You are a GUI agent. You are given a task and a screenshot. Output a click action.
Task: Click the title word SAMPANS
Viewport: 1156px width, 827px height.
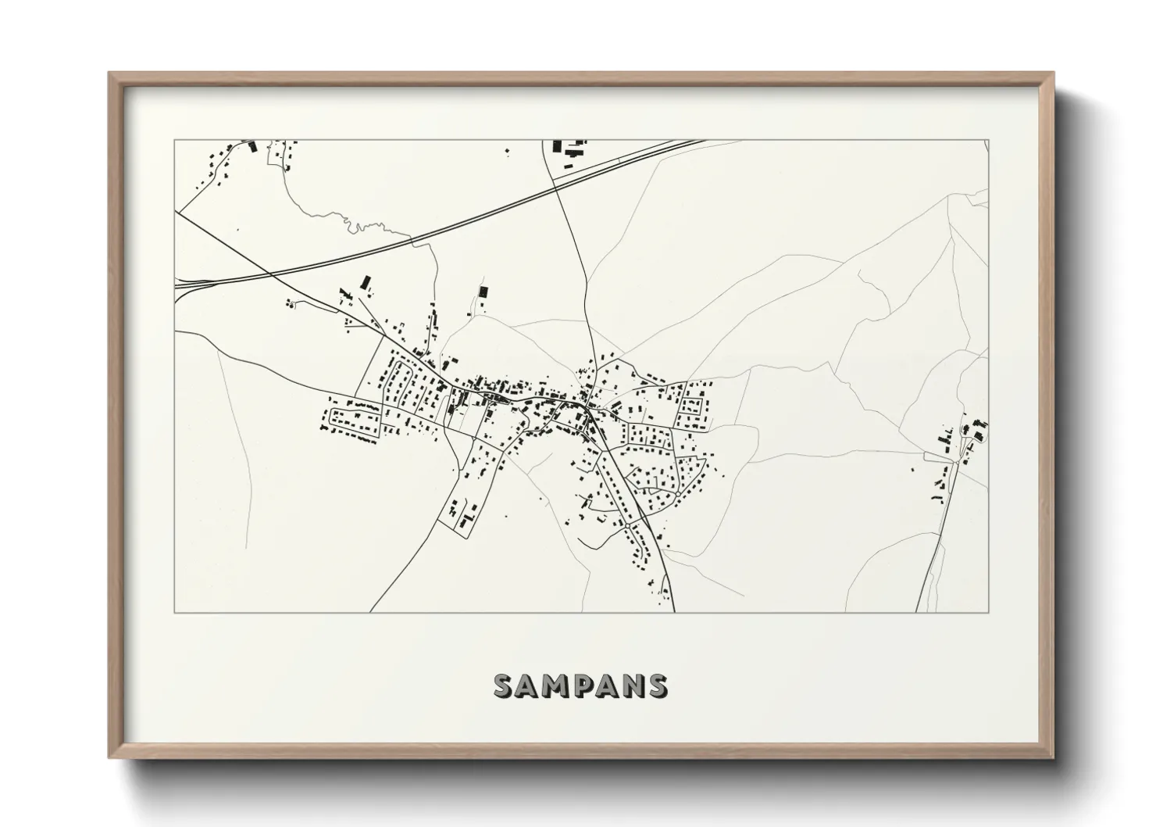[x=580, y=686]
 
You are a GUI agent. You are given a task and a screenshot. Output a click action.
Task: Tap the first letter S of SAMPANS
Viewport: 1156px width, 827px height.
[x=504, y=686]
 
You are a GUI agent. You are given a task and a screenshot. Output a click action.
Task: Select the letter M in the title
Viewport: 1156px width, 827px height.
[x=555, y=686]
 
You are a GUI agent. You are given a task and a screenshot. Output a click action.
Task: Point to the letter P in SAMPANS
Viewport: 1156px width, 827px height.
[x=583, y=686]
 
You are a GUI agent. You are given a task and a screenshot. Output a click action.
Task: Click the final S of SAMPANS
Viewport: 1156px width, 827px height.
[x=658, y=686]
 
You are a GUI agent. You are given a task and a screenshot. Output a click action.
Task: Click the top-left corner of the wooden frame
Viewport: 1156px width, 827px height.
[x=109, y=73]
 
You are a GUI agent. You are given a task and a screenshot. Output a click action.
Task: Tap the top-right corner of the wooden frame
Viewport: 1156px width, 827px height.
[x=1053, y=73]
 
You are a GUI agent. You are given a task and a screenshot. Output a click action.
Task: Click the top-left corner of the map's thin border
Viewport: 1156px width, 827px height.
[x=174, y=141]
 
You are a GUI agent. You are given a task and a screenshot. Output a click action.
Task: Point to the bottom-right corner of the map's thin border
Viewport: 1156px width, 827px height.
[x=989, y=612]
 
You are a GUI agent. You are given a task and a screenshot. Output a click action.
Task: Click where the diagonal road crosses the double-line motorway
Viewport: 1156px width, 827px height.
[x=269, y=274]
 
